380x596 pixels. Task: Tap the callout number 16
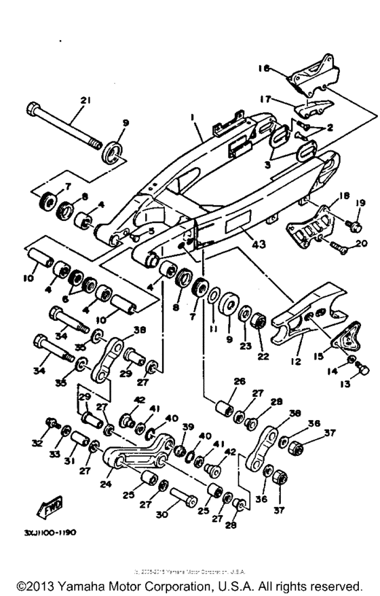(264, 69)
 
